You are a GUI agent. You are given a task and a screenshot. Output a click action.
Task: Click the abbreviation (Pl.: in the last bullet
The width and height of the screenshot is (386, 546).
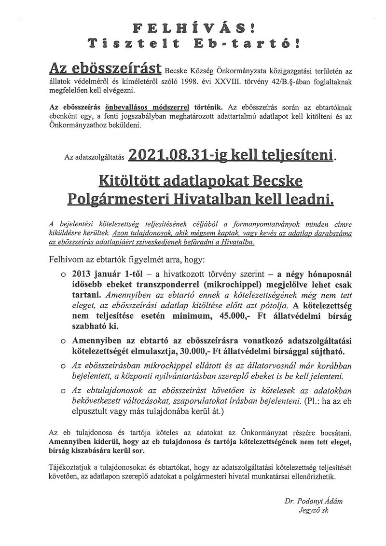(282, 403)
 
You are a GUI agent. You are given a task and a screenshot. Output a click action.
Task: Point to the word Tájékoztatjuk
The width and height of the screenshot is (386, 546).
(72, 466)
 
